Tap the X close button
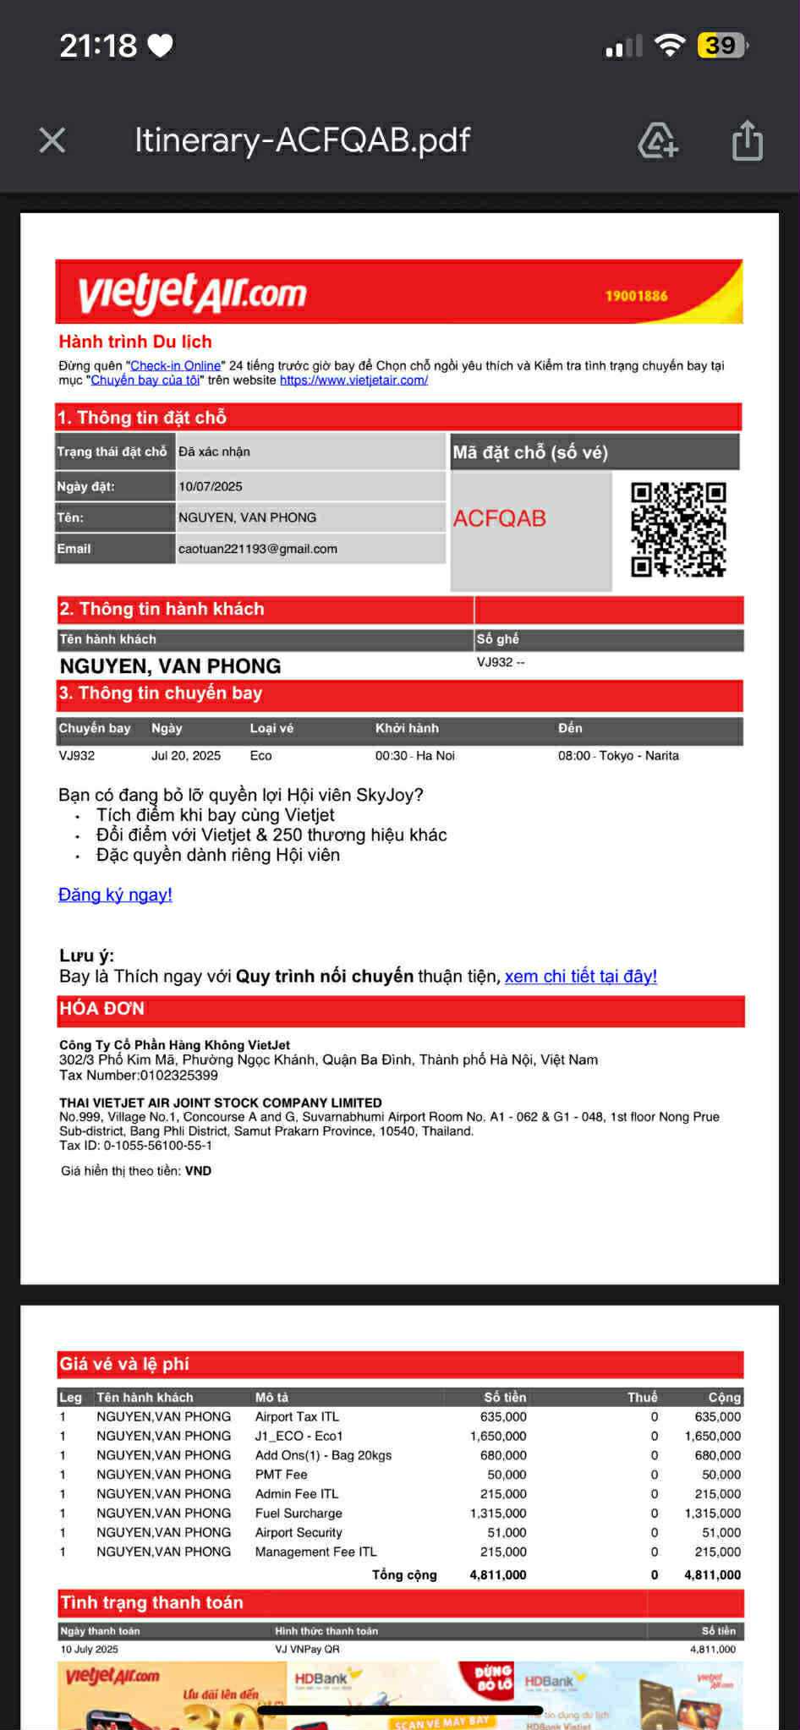tap(52, 140)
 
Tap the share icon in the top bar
tap(747, 140)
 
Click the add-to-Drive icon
tap(658, 140)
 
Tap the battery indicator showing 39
tap(721, 45)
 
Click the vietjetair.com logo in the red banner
tap(193, 293)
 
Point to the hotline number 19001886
tap(636, 296)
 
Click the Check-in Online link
tap(176, 365)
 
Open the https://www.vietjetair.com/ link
tap(353, 380)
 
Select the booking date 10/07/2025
tap(211, 486)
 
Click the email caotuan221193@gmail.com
tap(258, 549)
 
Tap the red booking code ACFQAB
tap(500, 518)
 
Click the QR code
tap(678, 529)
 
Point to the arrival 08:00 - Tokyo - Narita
tap(618, 756)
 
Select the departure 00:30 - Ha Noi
tap(415, 756)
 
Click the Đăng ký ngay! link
tap(115, 895)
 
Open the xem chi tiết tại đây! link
tap(581, 977)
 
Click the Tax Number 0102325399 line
tap(139, 1076)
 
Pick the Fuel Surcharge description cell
tap(299, 1514)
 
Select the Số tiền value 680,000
tap(503, 1455)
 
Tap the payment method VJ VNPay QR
tap(307, 1649)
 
